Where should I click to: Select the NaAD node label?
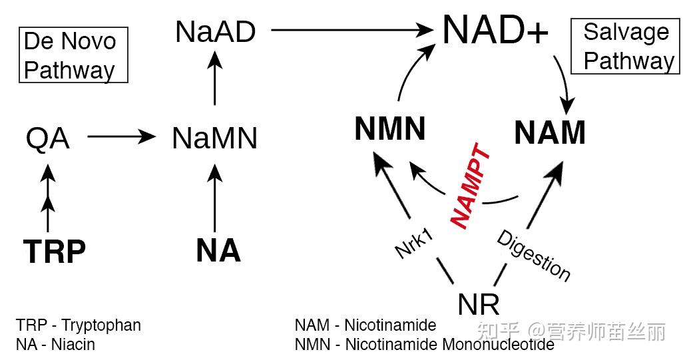pos(215,31)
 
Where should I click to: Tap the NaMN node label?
pos(214,138)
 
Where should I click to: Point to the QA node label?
pos(47,139)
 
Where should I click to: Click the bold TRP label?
pos(55,252)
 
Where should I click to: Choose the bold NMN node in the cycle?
pos(390,129)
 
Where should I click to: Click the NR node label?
pos(479,304)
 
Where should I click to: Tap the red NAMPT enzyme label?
pos(471,187)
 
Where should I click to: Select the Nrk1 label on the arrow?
pos(415,243)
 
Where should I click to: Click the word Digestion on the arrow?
pos(534,255)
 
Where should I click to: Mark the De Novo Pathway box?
pos(73,55)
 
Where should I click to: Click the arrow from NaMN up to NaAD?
pos(214,79)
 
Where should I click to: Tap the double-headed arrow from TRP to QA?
pos(47,196)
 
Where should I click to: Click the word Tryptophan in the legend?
pos(101,325)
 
